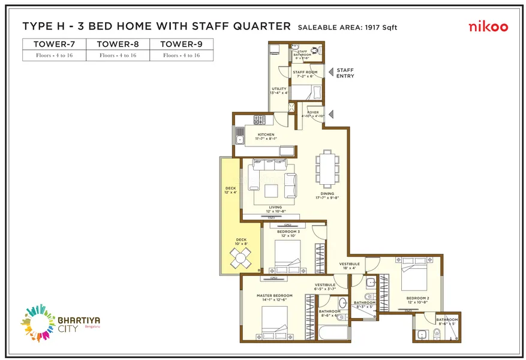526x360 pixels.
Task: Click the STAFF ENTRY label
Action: click(345, 73)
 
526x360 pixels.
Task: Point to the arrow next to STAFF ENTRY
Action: click(330, 71)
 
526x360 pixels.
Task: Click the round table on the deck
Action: click(240, 259)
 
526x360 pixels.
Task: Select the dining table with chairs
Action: click(327, 169)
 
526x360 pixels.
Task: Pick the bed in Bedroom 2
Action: click(414, 275)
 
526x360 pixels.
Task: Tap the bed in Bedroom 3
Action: click(286, 255)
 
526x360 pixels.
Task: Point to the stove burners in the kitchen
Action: click(260, 119)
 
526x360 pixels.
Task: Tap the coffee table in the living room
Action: click(270, 190)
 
